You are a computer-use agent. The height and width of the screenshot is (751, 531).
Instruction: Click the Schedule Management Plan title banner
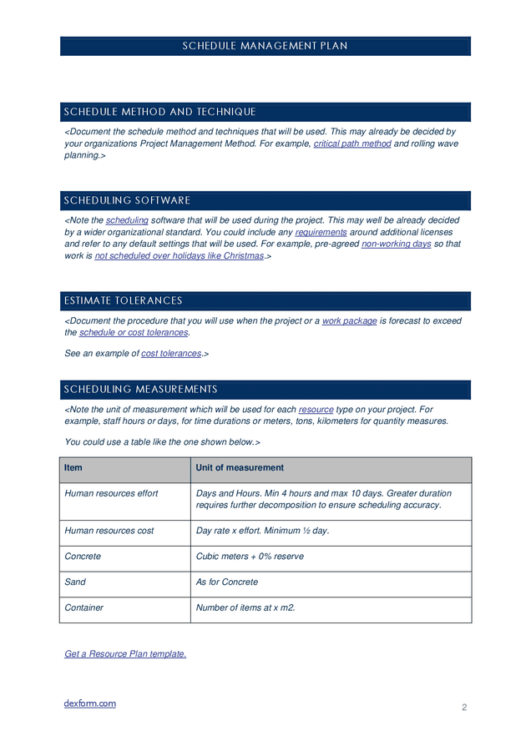265,46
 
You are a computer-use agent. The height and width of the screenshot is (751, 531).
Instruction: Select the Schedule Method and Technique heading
159,112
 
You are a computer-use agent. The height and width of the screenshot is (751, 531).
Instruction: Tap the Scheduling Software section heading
127,200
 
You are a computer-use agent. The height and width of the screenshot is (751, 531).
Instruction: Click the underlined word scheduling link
127,220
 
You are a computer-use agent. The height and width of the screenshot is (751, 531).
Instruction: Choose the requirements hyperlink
321,232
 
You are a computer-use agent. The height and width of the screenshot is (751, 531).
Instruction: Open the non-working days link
396,244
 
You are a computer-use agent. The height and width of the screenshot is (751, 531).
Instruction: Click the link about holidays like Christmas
179,256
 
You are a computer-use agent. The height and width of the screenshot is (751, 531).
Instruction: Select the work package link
349,320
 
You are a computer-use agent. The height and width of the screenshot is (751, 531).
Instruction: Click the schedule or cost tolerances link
134,332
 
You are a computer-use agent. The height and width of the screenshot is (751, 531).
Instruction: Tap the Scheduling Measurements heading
140,390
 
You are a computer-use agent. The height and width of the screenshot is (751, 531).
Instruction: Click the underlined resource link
316,410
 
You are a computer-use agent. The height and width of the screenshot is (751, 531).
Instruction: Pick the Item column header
73,468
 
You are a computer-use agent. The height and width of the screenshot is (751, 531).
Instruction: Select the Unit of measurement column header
240,468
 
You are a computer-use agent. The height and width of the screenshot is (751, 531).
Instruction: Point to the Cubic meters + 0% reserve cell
250,557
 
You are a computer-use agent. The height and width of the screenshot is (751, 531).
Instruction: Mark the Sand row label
75,582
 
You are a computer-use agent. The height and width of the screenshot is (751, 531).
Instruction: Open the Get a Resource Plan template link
125,654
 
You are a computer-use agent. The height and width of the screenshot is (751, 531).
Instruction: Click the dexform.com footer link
90,703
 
